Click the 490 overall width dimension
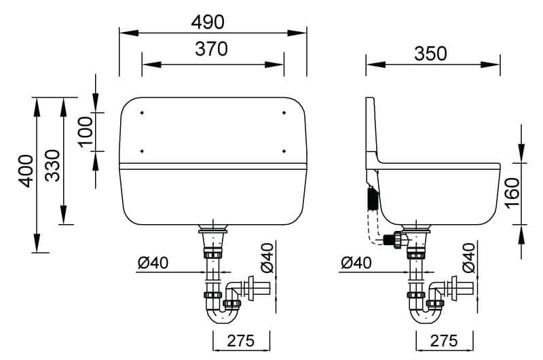[208, 22]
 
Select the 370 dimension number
[211, 49]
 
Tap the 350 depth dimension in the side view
[430, 54]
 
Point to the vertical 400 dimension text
[26, 171]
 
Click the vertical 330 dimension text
[53, 166]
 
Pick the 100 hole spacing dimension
[86, 132]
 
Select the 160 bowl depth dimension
[512, 193]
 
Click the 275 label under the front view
[241, 341]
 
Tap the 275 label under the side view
[444, 341]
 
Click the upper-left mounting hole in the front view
[142, 113]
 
